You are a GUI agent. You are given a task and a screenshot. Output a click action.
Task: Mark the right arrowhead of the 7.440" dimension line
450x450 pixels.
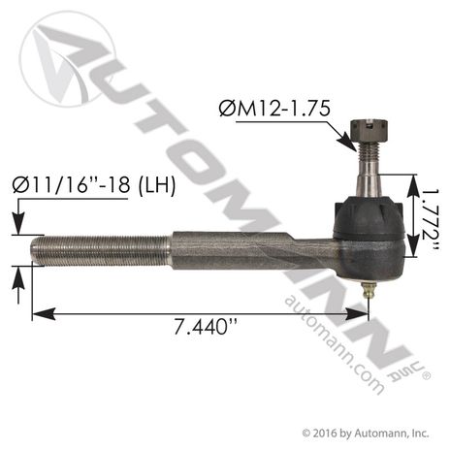(x=364, y=313)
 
